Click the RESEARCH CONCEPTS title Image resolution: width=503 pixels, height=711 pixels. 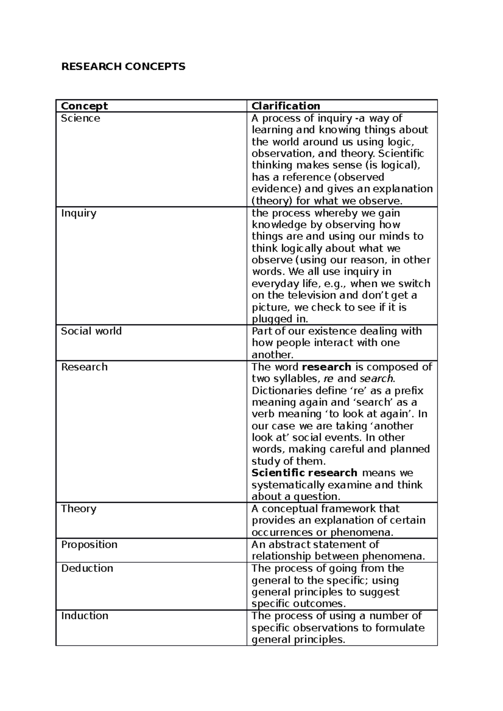123,67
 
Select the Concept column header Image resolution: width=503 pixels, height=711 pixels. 84,106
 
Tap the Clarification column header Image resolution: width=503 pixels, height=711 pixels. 286,106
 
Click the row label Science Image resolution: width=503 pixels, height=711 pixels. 80,118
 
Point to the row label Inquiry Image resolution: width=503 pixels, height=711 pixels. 79,213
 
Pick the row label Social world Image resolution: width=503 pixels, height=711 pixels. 91,331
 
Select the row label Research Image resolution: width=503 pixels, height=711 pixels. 84,367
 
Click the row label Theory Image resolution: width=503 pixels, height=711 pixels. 79,509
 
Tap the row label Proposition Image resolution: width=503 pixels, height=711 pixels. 89,545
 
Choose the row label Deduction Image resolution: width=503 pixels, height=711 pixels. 87,568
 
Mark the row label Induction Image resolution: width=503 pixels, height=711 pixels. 85,616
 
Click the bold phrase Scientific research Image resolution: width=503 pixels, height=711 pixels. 304,473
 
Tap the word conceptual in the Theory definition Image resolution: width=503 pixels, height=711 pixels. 290,509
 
